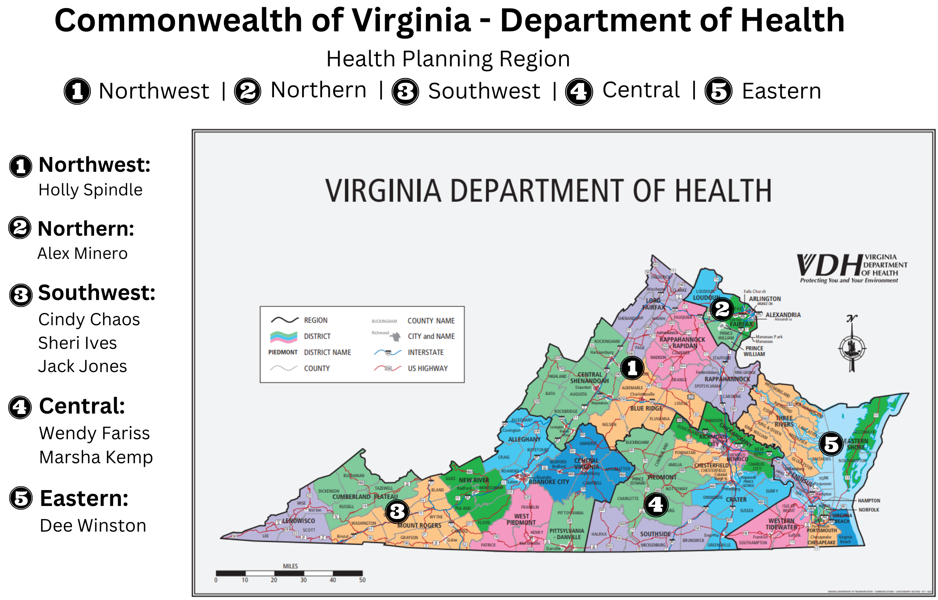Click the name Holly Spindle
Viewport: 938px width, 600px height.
point(90,190)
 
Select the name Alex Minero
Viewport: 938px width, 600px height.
point(83,254)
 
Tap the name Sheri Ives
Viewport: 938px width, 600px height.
point(77,343)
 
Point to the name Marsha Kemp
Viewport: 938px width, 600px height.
point(96,457)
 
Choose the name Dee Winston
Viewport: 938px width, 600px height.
point(93,526)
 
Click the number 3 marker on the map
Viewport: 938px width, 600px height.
point(397,512)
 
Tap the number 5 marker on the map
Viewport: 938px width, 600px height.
point(831,444)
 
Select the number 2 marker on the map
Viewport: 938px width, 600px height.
point(722,309)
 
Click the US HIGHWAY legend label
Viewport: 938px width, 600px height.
point(427,368)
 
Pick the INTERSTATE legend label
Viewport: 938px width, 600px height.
point(425,353)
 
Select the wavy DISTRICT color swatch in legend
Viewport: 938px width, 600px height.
point(283,337)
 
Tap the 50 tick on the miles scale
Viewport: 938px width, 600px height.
point(362,580)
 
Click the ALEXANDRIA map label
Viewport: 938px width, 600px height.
point(782,315)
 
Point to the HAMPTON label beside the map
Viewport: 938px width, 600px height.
point(869,501)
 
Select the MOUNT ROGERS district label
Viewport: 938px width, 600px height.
point(419,526)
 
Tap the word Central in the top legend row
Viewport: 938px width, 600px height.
point(641,90)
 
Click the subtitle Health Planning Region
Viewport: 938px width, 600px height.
point(448,59)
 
